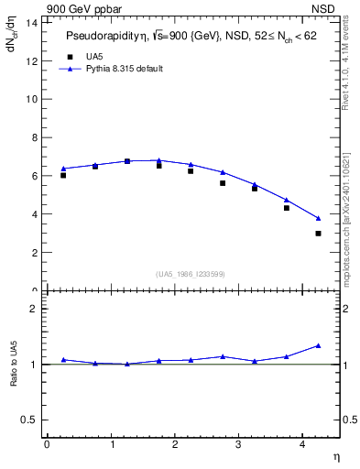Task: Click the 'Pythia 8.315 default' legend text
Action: coord(124,69)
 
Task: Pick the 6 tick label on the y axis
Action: coord(34,175)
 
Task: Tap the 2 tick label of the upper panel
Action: coord(34,252)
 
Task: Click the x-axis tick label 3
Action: coord(239,444)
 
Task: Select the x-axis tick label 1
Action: coord(112,444)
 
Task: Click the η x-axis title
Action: coord(336,456)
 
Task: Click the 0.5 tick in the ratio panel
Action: coord(30,420)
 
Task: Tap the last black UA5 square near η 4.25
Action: coord(318,234)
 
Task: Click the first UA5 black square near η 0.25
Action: coord(63,175)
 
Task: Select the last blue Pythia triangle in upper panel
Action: coord(318,218)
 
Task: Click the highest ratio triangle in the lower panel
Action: coord(318,345)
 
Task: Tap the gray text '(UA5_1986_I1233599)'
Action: coord(191,274)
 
